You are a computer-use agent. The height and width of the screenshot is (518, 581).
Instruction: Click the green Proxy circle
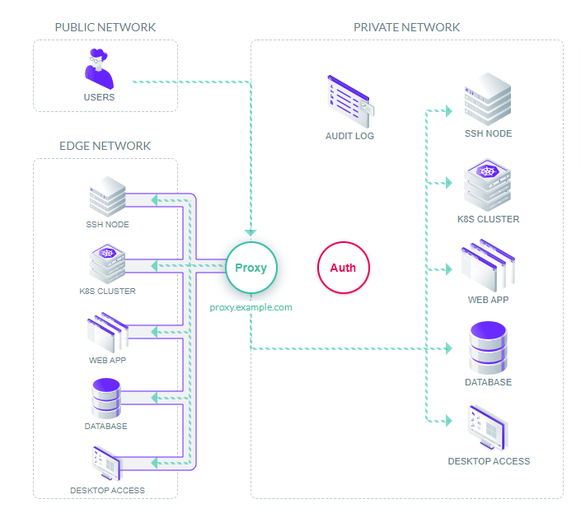click(251, 268)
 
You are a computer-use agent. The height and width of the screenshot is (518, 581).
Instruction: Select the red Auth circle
click(343, 268)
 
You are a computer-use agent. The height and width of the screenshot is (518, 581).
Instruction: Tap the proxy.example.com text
click(251, 307)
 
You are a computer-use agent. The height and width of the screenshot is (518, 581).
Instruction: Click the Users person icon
click(100, 69)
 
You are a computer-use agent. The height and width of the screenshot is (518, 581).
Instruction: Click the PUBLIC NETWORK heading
click(105, 27)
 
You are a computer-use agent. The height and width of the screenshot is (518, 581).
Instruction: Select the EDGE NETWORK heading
click(105, 146)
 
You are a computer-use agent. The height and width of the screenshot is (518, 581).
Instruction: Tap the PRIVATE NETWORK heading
click(406, 27)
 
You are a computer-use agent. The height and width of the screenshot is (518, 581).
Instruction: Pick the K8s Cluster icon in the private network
click(488, 186)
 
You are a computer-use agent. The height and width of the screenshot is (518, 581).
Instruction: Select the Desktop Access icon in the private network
click(488, 427)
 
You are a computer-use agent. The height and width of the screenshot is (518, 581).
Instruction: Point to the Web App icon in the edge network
click(107, 332)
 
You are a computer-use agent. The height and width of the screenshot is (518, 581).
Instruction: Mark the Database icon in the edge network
click(106, 399)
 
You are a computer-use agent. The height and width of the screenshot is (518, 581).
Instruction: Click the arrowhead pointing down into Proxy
click(251, 233)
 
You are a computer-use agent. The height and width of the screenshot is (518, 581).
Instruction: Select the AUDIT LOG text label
click(349, 136)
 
